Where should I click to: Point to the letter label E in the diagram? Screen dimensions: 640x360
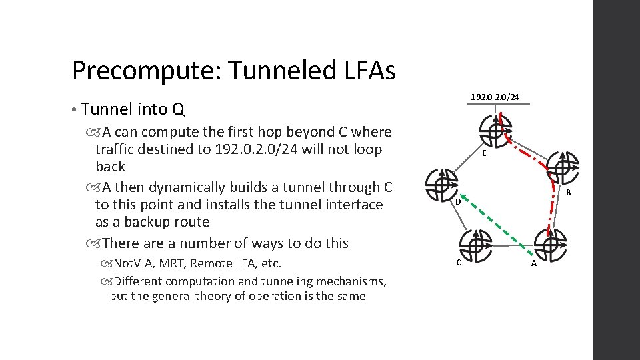(484, 153)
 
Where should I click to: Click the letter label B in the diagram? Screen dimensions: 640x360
(569, 193)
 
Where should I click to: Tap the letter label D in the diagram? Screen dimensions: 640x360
(458, 202)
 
